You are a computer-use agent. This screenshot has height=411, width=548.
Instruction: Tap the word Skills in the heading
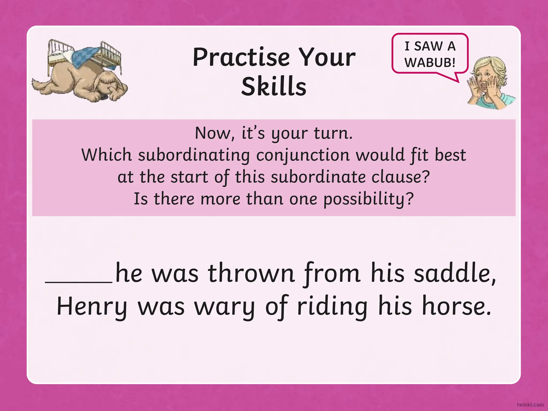[x=274, y=86]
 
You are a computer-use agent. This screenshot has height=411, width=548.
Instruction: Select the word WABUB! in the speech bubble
[x=430, y=63]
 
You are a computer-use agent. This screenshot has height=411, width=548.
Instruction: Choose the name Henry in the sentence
[x=92, y=307]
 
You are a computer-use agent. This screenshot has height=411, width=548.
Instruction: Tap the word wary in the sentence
[x=224, y=307]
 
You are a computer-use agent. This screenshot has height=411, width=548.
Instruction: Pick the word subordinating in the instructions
[x=194, y=155]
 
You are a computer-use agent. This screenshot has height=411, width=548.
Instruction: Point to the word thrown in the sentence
[x=251, y=273]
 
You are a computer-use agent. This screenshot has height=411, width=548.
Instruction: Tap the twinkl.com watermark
[x=530, y=404]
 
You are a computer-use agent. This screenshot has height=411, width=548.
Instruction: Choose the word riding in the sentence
[x=332, y=307]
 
